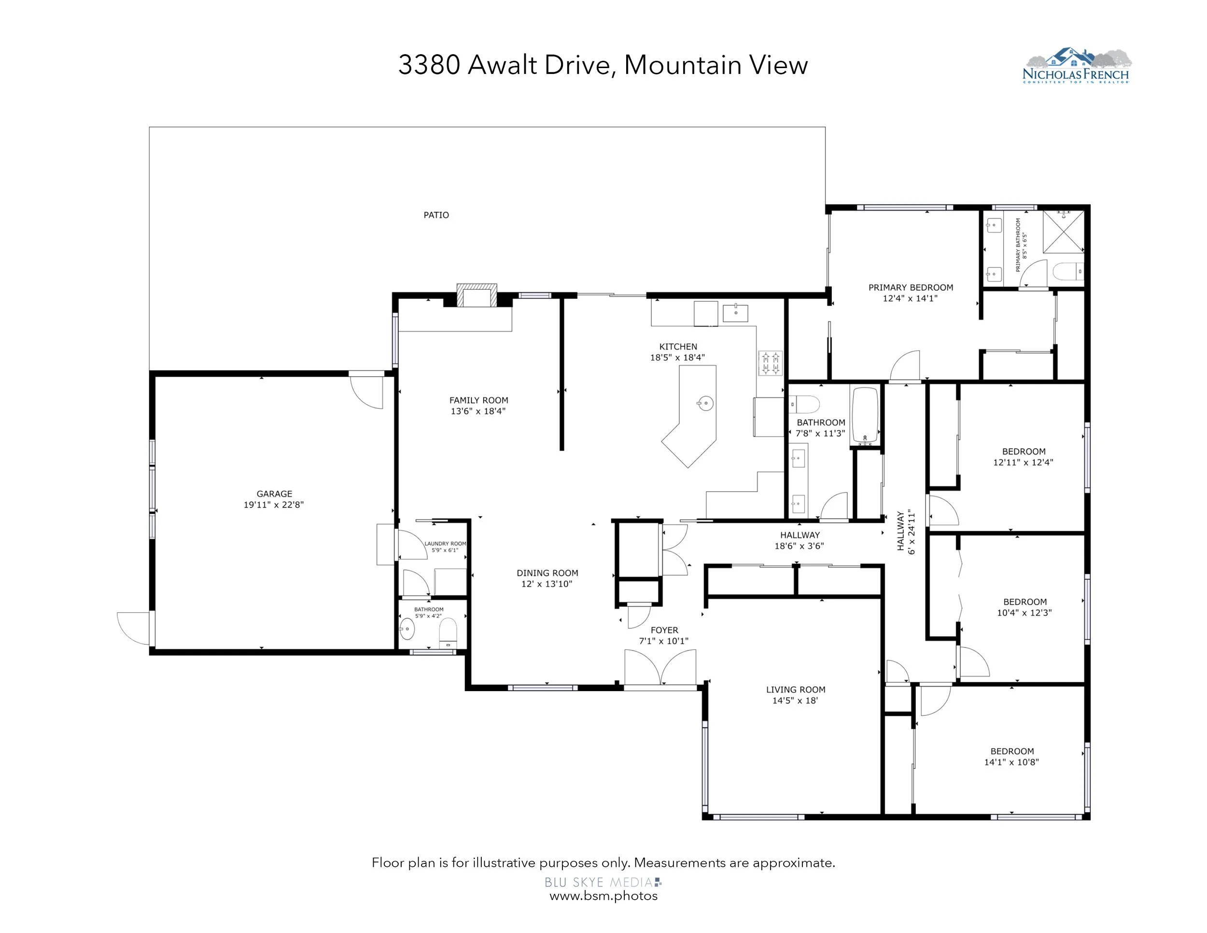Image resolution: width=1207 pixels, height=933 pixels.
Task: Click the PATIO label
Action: (x=436, y=215)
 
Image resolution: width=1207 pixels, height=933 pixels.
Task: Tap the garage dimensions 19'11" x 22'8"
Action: (x=274, y=505)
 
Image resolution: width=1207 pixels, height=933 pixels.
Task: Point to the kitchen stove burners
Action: (x=770, y=363)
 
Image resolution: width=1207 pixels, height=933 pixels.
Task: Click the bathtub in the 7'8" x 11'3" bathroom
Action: (x=865, y=415)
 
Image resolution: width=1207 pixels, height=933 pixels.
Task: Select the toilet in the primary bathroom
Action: (x=1067, y=271)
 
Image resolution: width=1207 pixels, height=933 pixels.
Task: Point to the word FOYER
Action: (x=664, y=630)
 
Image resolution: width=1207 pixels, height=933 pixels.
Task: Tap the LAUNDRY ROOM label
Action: (x=445, y=544)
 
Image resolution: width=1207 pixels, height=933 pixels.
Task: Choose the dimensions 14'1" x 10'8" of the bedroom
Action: (x=1011, y=762)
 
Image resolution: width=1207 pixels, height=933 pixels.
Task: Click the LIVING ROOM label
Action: (x=795, y=690)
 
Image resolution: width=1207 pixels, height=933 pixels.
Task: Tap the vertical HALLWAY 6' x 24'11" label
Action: (x=906, y=533)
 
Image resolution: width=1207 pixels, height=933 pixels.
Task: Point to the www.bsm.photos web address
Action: (x=603, y=896)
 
